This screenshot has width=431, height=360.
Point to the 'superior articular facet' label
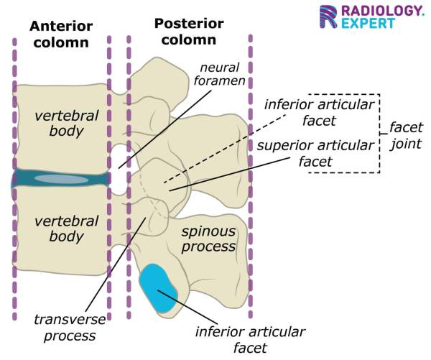315,153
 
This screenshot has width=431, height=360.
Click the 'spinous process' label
208,239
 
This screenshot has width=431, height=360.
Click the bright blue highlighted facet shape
158,290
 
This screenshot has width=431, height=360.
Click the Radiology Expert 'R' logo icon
330,17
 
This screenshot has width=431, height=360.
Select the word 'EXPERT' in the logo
369,24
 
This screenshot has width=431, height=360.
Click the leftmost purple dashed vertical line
14,180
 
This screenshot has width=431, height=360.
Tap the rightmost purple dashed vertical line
249,180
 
